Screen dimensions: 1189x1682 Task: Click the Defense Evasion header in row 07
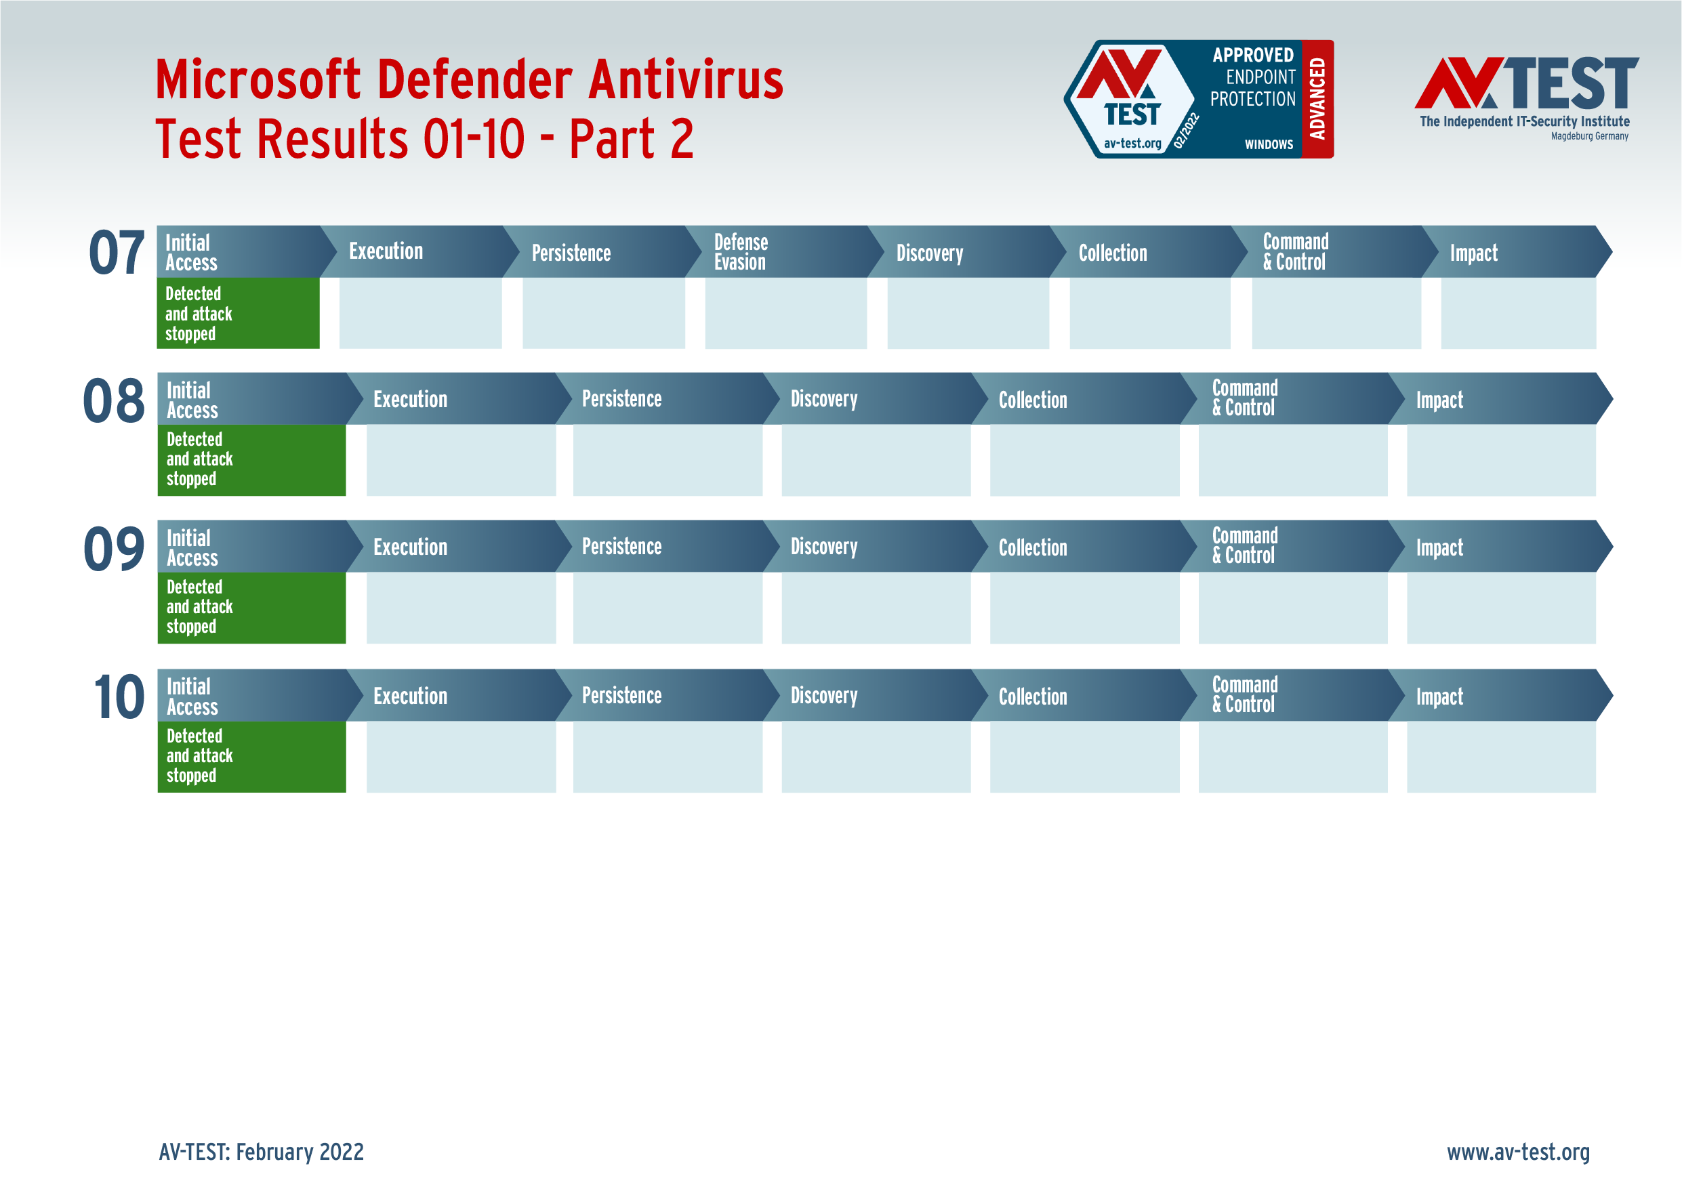coord(741,252)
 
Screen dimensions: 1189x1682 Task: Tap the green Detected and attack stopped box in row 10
coord(251,756)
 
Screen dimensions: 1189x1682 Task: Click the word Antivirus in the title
coord(686,79)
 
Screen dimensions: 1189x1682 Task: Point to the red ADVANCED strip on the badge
coord(1317,99)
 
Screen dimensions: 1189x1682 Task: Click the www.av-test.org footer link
coord(1518,1152)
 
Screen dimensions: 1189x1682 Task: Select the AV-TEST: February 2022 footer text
coord(261,1152)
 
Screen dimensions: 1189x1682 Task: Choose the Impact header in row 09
coord(1439,548)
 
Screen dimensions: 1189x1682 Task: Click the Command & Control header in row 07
coord(1295,252)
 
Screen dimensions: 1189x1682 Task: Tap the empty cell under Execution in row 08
coord(461,460)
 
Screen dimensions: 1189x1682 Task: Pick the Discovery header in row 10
coord(823,696)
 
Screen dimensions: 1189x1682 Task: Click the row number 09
coord(115,549)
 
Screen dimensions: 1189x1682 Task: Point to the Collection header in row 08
coord(1032,400)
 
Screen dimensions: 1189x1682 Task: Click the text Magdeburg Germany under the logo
coord(1589,136)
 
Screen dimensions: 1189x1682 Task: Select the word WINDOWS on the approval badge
coord(1269,144)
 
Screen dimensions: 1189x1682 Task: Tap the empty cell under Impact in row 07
coord(1518,313)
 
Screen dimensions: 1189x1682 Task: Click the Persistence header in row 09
coord(621,547)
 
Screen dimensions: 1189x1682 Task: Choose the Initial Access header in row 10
coord(192,696)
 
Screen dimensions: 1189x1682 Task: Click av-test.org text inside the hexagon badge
coord(1132,144)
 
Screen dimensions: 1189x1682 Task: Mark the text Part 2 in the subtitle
coord(631,139)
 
